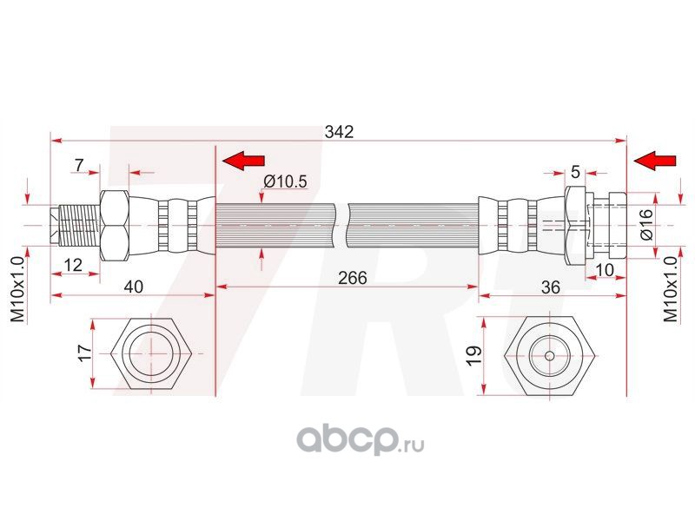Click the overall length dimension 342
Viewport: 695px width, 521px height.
click(339, 132)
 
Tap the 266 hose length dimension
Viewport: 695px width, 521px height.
click(352, 278)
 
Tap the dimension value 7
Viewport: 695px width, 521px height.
click(79, 165)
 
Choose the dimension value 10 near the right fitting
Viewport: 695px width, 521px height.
click(606, 270)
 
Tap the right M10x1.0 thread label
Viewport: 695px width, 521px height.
click(670, 290)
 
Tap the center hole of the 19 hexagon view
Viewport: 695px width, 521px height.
click(550, 355)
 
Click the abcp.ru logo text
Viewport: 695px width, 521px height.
click(361, 442)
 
